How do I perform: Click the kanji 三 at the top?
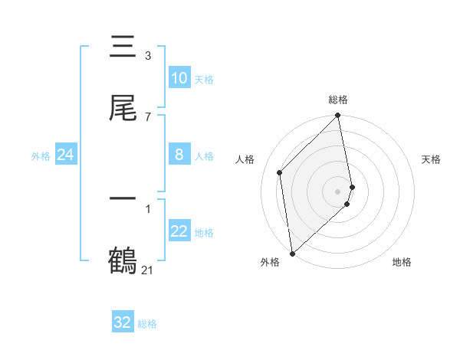123,47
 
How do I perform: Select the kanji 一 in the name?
123,199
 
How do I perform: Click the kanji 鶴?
123,260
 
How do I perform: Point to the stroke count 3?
147,55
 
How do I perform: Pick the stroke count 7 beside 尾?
147,116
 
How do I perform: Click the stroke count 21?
147,270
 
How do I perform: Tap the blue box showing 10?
179,78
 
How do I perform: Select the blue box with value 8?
179,155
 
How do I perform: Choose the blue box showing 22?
179,231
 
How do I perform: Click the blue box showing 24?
65,155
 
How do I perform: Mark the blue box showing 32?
123,322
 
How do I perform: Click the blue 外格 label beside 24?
41,155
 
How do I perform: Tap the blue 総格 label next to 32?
147,324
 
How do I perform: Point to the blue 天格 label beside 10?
203,80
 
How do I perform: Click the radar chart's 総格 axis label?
338,100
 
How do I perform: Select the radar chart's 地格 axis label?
402,263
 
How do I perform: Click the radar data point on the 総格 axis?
338,116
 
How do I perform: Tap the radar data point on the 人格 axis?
280,172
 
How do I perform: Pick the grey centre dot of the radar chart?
338,191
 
